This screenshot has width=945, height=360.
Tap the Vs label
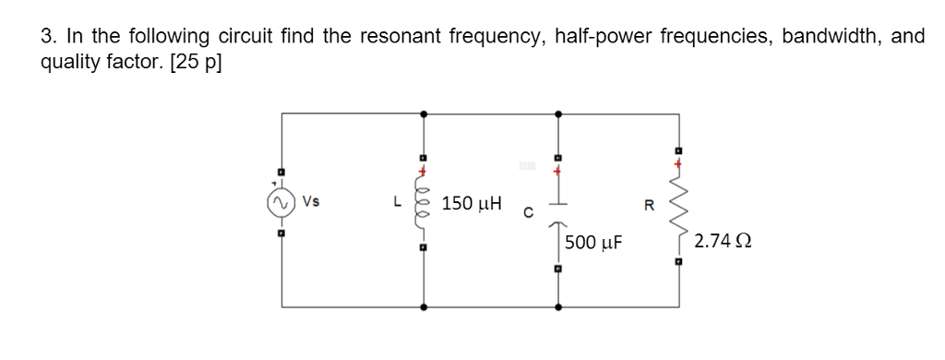click(309, 199)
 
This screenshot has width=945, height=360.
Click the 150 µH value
click(472, 203)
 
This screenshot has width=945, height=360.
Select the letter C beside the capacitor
click(523, 215)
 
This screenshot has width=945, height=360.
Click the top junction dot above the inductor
click(424, 114)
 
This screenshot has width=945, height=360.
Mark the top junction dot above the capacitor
click(557, 114)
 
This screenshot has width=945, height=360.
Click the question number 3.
click(47, 36)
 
